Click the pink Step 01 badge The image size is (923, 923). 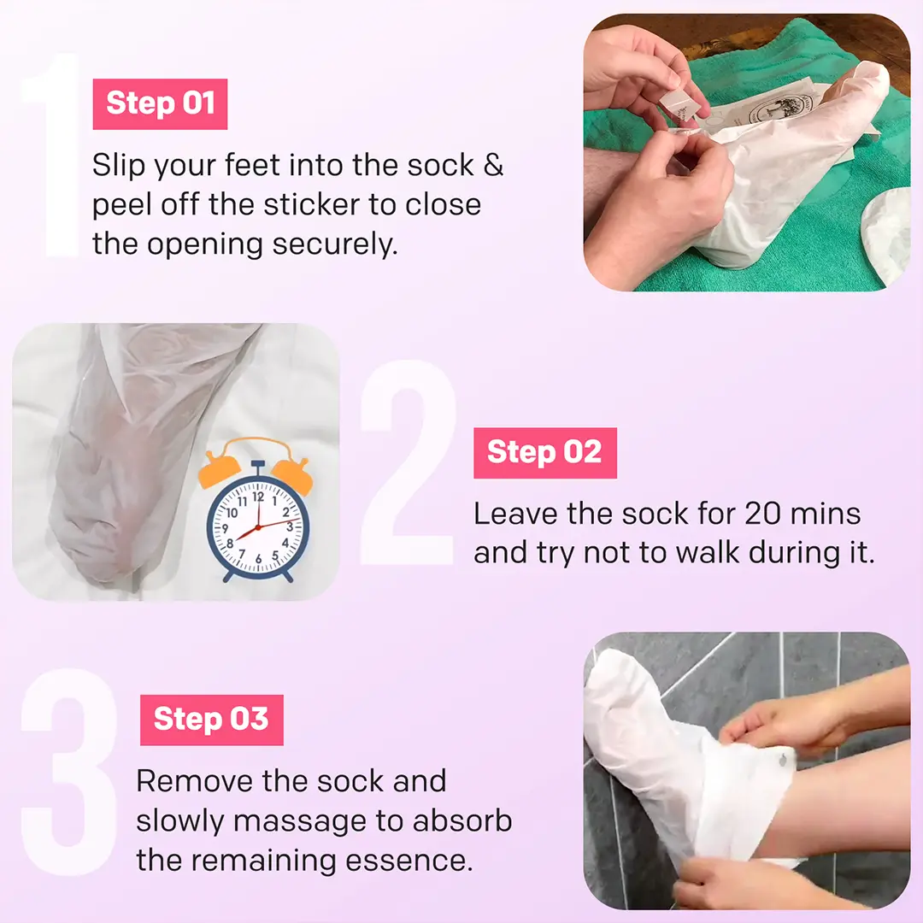click(x=160, y=104)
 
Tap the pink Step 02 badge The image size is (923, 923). click(x=545, y=453)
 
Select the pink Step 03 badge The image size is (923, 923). click(x=211, y=720)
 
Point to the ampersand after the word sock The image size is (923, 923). click(x=493, y=166)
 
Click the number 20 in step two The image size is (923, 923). click(x=763, y=514)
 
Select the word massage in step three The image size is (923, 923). click(x=300, y=822)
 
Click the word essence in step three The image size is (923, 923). click(x=409, y=861)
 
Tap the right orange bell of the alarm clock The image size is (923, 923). click(x=292, y=473)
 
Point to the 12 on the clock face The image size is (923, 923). click(x=258, y=497)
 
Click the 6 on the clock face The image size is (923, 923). click(x=258, y=559)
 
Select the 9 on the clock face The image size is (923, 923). click(x=225, y=529)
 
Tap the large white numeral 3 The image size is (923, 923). click(x=69, y=772)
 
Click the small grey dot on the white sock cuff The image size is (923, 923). click(x=783, y=761)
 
